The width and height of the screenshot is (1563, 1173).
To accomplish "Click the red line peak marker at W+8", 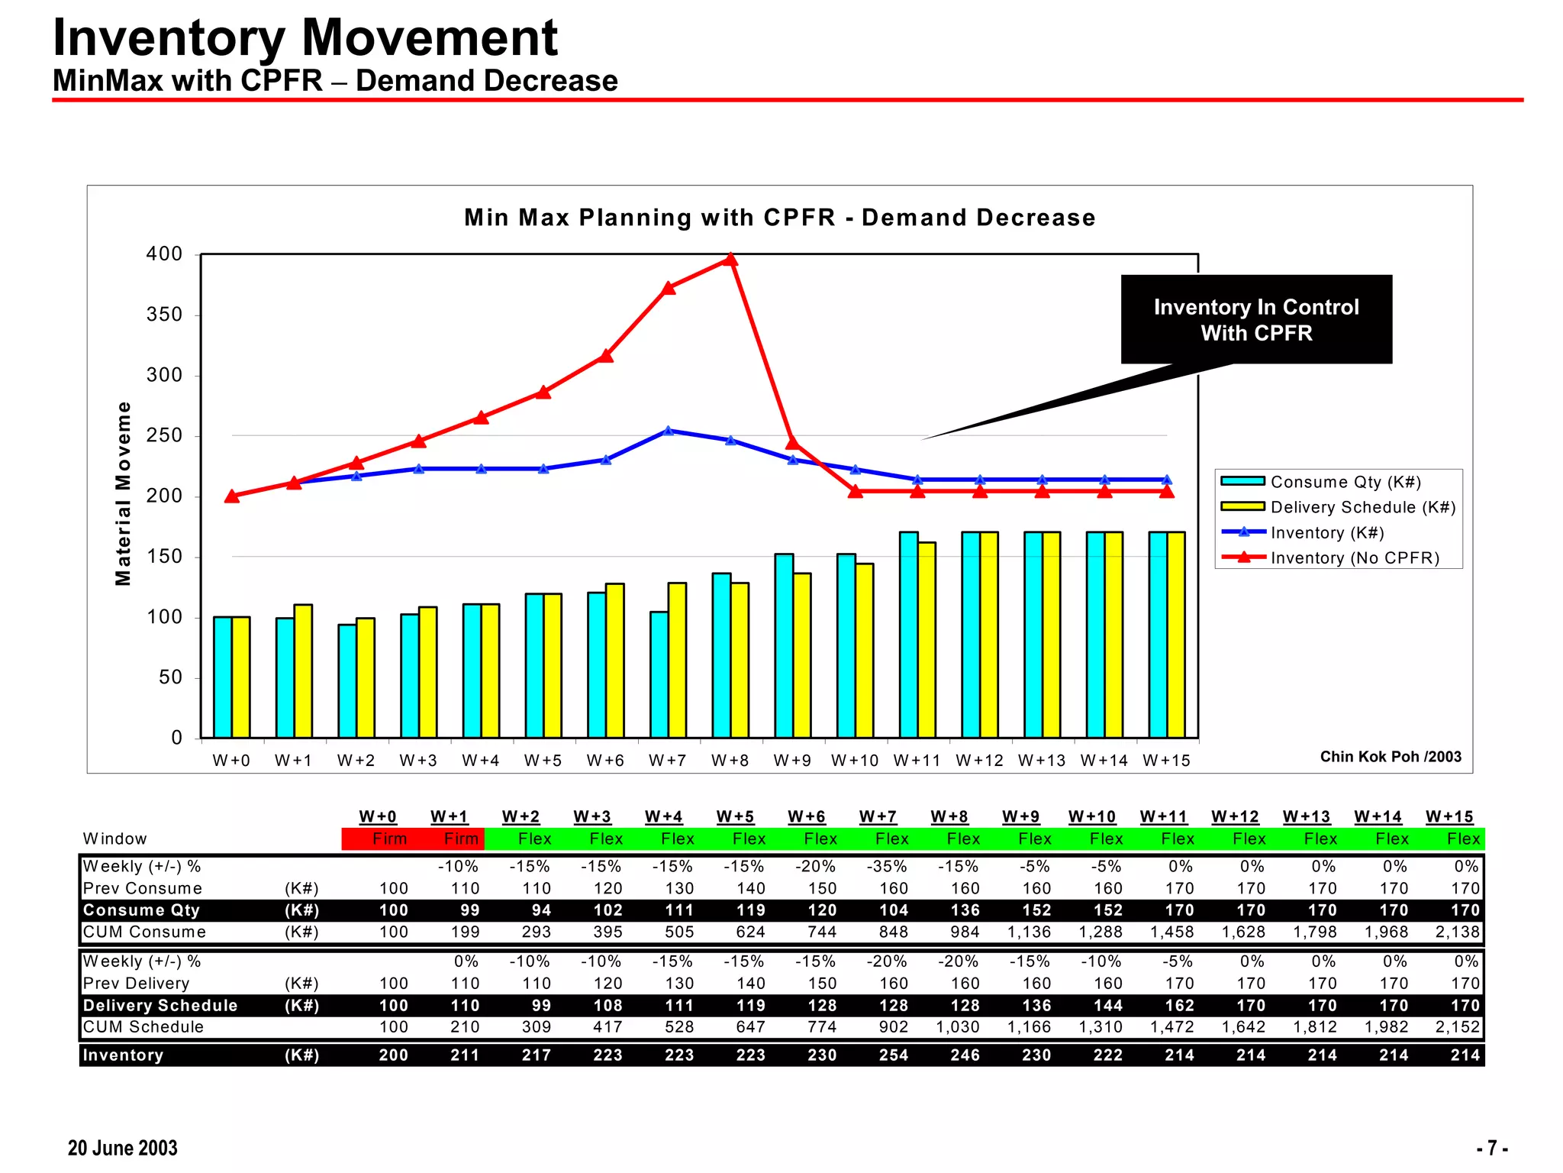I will coord(730,260).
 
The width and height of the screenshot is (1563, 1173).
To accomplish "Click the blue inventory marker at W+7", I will coord(669,431).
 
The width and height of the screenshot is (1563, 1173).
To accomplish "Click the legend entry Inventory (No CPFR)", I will coord(1354,558).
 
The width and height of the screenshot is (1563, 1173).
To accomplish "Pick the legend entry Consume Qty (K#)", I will coord(1345,482).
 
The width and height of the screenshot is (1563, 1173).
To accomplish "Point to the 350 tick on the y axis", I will coord(165,315).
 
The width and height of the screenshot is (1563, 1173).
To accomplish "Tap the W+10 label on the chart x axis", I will coord(855,761).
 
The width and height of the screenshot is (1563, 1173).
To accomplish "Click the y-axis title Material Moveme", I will coord(123,494).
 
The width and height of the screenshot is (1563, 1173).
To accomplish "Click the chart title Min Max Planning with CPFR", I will coord(779,218).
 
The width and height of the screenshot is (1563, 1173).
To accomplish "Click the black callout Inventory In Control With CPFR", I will coord(1255,319).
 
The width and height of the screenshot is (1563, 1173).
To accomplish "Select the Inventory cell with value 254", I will coord(893,1055).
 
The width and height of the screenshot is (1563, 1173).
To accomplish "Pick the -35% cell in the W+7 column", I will coord(887,867).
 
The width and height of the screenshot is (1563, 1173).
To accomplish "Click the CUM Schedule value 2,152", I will coord(1457,1027).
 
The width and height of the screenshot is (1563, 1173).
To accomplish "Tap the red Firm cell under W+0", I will coord(389,839).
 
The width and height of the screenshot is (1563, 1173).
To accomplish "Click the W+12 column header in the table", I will coord(1235,816).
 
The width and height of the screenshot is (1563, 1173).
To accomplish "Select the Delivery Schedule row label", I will coord(160,1006).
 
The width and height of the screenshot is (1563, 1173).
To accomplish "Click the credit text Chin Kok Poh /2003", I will coord(1391,757).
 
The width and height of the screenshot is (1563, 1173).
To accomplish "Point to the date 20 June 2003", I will coord(122,1148).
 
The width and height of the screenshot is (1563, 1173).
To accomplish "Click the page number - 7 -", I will coord(1491,1148).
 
